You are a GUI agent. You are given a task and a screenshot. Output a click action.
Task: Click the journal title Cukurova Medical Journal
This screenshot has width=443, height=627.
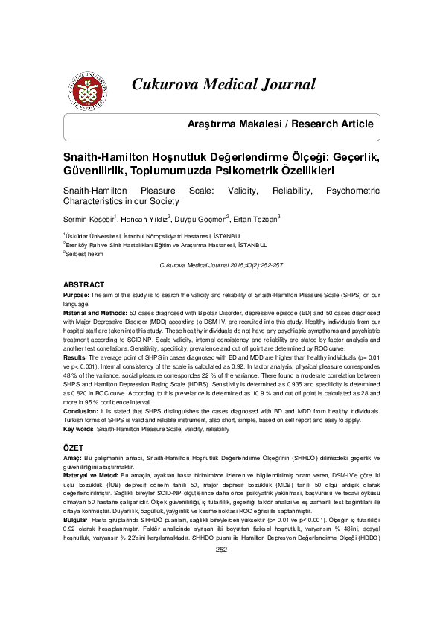[x=223, y=84]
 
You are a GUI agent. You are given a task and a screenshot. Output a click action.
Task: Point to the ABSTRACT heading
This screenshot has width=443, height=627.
[x=83, y=285]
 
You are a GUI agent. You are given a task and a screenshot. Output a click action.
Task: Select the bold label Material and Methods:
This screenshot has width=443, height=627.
[x=95, y=314]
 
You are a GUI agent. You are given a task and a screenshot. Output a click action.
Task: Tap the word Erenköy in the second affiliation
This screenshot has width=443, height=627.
[x=77, y=244]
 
